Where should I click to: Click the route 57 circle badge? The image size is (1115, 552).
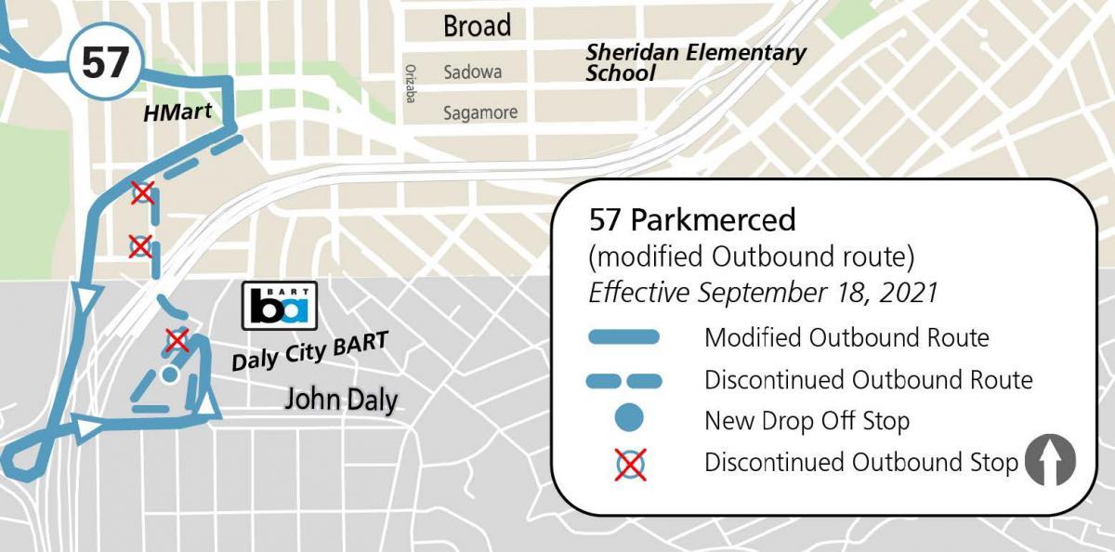point(104,63)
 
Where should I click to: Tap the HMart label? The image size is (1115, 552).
point(177,113)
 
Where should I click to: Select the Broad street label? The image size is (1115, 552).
point(477,26)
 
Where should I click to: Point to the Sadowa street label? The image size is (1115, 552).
point(472,72)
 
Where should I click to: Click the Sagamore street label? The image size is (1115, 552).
point(479,112)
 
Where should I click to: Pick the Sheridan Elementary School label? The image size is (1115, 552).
point(695,62)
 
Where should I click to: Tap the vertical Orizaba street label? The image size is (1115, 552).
point(409,82)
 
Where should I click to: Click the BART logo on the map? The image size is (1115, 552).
point(280,306)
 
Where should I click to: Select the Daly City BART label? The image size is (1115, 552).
point(308,350)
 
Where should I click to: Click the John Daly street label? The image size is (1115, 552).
point(341,400)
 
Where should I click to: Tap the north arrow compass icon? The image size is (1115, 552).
point(1049,461)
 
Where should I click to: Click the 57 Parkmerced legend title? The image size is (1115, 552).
point(692,220)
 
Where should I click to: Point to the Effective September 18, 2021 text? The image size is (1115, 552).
point(763,292)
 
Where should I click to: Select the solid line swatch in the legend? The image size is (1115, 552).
point(623,337)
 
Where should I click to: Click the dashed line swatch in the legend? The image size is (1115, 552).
point(623,380)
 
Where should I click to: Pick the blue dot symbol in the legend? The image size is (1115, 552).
point(630,420)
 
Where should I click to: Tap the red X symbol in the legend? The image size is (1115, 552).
point(630,463)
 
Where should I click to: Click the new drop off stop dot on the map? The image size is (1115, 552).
point(168,375)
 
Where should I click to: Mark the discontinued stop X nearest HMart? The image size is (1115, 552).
point(142,192)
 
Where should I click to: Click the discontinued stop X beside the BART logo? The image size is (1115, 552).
point(177,340)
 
